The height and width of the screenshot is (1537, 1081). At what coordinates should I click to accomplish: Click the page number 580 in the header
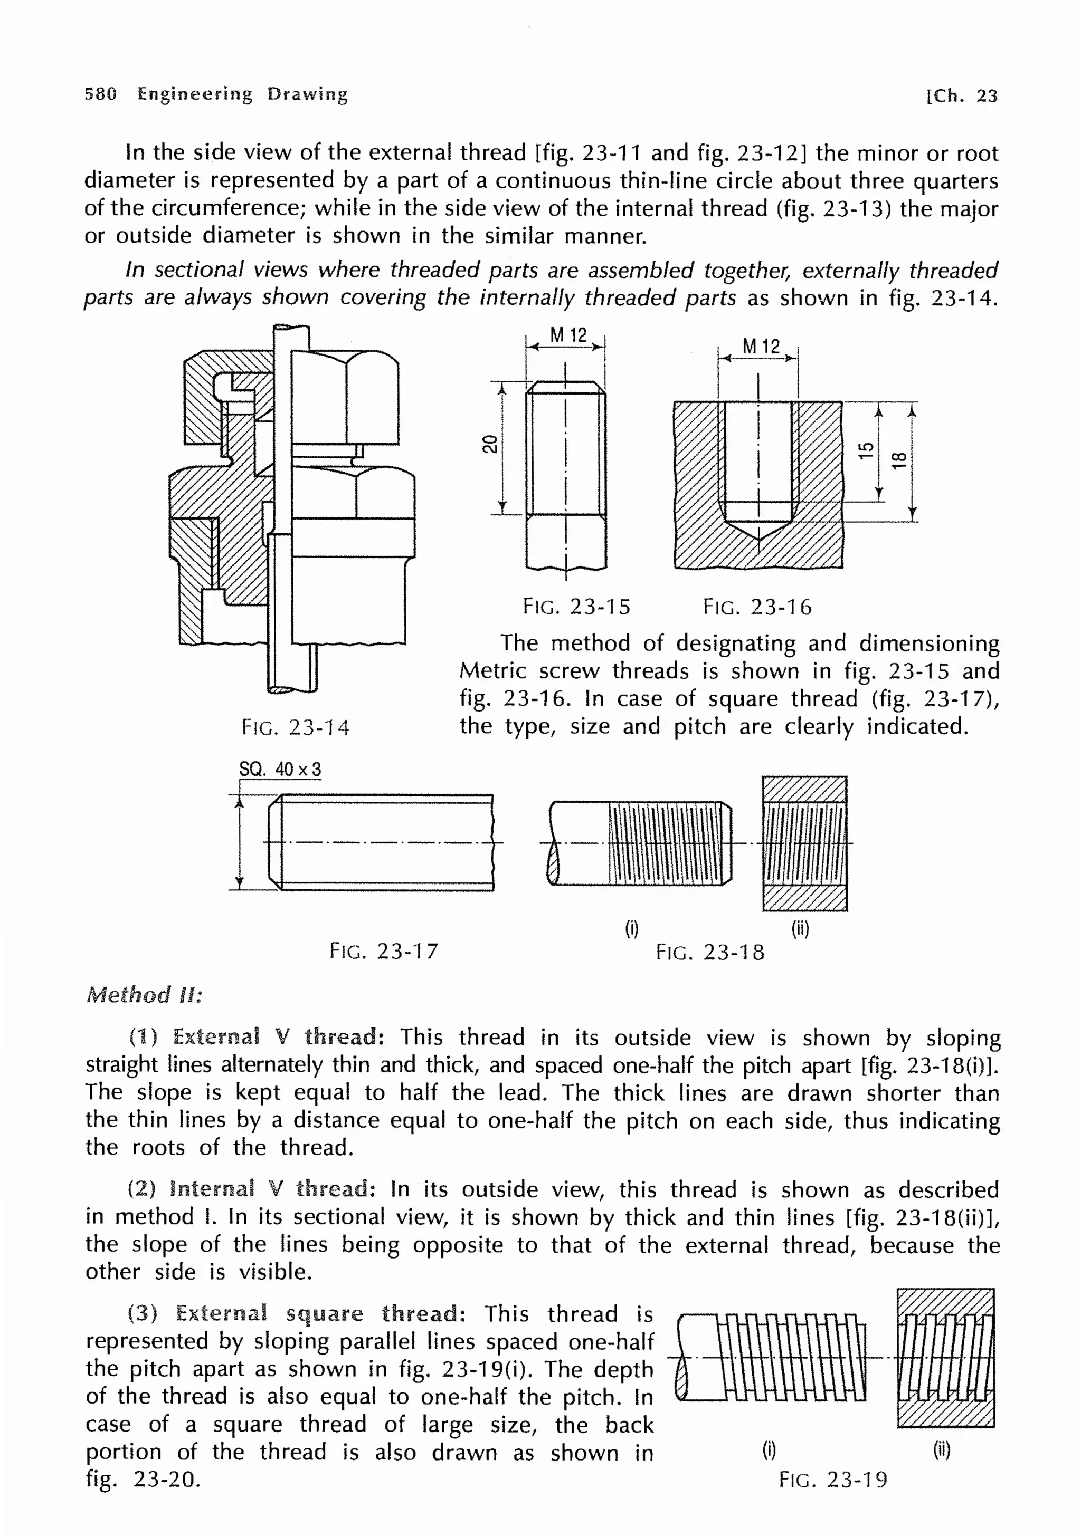click(x=100, y=94)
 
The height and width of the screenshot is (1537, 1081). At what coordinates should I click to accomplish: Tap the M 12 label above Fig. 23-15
click(x=567, y=335)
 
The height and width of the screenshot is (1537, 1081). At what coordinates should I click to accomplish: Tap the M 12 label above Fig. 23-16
click(x=761, y=346)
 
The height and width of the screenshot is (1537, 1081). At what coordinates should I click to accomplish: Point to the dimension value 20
click(x=490, y=444)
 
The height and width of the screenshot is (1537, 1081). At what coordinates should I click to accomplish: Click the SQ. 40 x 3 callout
click(x=280, y=769)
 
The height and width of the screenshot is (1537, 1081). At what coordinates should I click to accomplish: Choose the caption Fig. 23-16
click(x=757, y=607)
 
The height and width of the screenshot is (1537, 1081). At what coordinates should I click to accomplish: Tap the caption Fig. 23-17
click(x=383, y=950)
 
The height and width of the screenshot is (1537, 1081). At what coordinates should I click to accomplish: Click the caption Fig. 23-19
click(x=832, y=1479)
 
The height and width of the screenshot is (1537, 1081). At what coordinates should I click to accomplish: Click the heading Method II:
click(x=144, y=995)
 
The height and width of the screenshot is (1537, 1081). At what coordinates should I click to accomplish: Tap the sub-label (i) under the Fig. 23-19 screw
click(x=769, y=1450)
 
